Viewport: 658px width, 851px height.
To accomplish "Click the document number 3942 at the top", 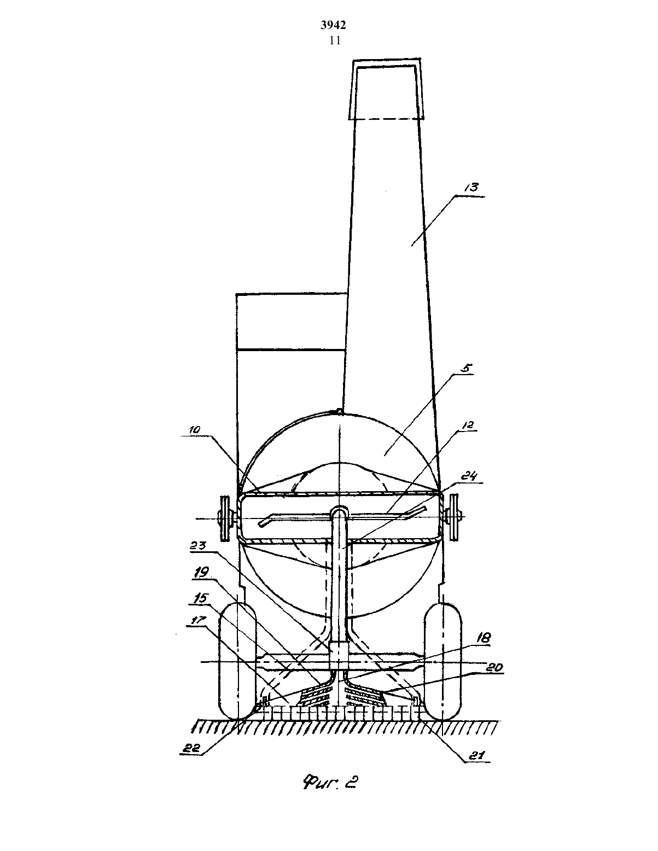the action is coord(333,25).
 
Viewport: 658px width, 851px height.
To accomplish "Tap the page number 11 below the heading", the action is coord(335,40).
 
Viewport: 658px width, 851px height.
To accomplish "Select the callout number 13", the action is coord(472,188).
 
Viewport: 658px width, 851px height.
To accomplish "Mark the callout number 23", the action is coord(198,545).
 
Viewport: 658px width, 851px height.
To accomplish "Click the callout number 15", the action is coord(201,599).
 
